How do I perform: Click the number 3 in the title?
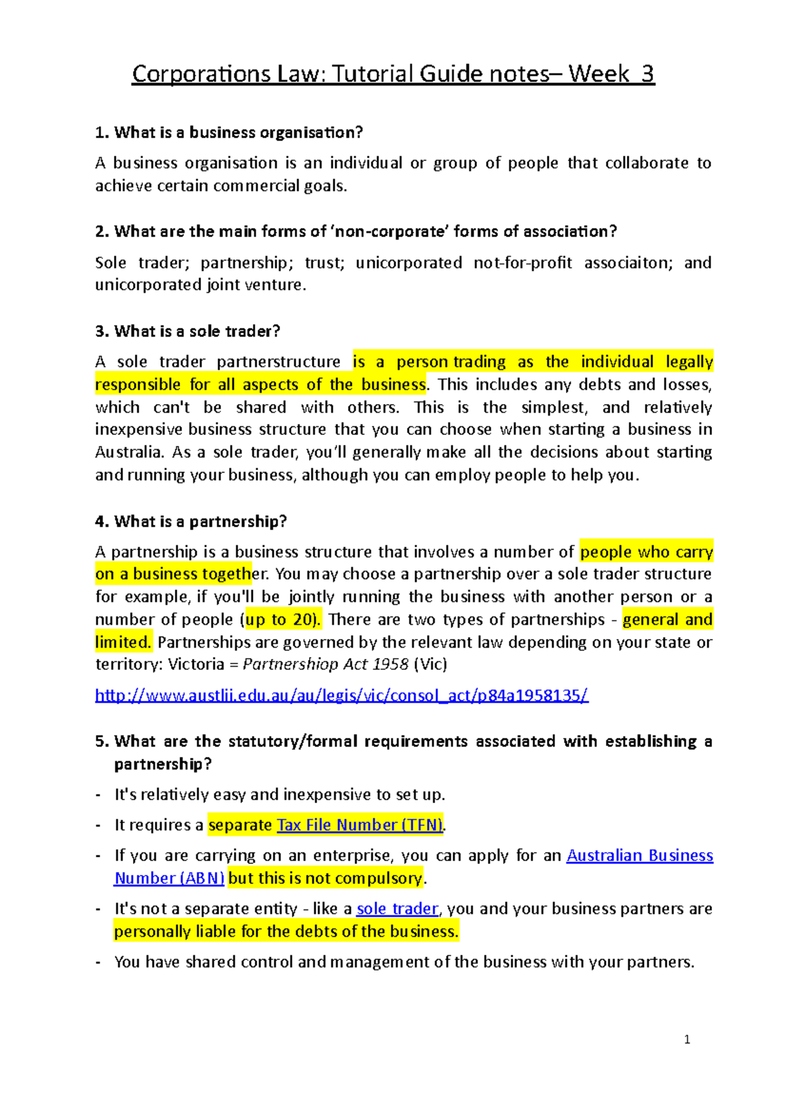(x=647, y=74)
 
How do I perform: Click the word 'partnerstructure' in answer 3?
(x=278, y=362)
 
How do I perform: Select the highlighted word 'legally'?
(x=689, y=362)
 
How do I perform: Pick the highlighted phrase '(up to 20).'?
(x=281, y=620)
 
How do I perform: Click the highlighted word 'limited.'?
(x=123, y=642)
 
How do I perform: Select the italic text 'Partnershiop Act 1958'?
(x=326, y=664)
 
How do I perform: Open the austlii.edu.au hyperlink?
(x=341, y=695)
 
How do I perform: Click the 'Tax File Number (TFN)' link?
(x=360, y=825)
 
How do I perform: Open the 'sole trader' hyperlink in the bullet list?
(x=397, y=909)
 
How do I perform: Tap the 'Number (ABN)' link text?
(x=169, y=878)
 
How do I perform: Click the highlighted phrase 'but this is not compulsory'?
(x=326, y=878)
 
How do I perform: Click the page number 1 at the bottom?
(x=686, y=1039)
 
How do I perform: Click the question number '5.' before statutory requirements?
(x=102, y=741)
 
